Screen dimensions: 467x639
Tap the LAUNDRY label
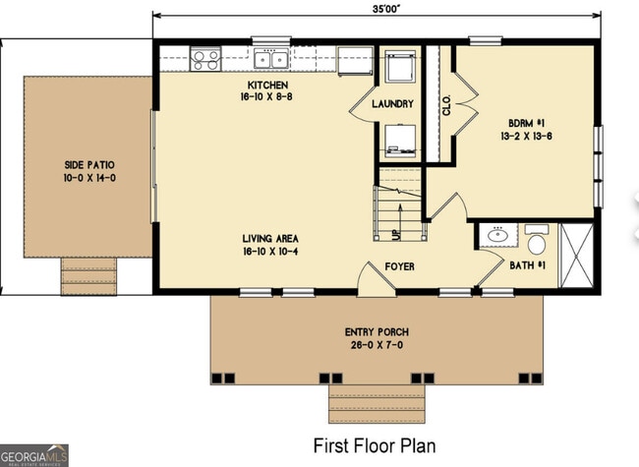coord(392,104)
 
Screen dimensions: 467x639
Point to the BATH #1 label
coord(528,264)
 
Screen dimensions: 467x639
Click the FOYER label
coord(399,265)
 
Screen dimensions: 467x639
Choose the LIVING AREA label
coord(271,239)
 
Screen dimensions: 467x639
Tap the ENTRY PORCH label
coord(376,331)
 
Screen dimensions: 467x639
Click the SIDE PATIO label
coord(83,166)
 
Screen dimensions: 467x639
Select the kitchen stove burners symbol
coord(205,59)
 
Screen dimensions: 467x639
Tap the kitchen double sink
coord(270,59)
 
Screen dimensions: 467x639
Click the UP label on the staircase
coord(396,234)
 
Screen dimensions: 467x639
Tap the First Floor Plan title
coord(374,445)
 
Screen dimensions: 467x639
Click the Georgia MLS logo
coord(35,455)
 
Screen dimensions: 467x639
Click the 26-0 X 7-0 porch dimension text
coord(376,345)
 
